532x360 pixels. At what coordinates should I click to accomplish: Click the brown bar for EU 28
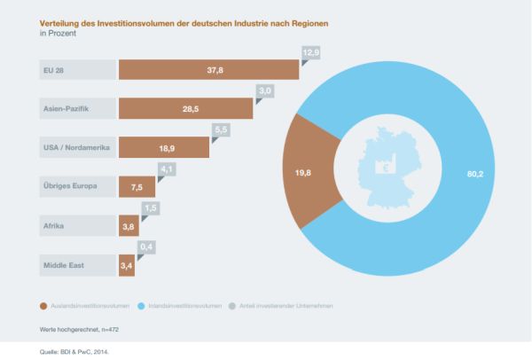click(x=208, y=69)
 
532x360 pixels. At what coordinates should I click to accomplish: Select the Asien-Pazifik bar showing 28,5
click(x=185, y=108)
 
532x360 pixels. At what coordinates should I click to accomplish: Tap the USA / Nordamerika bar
click(x=164, y=147)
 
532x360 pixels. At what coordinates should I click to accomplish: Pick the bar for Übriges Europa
click(x=137, y=186)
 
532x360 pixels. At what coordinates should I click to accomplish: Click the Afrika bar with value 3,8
click(x=128, y=225)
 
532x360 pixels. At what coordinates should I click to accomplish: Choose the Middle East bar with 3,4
click(x=127, y=264)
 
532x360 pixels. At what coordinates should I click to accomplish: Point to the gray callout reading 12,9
click(x=310, y=53)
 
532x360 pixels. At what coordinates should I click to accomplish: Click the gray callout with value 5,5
click(x=221, y=129)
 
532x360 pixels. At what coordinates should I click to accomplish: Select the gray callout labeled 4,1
click(x=167, y=168)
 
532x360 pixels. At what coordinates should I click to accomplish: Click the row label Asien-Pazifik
click(x=65, y=108)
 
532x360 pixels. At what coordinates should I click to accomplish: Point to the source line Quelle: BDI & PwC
click(x=79, y=351)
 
